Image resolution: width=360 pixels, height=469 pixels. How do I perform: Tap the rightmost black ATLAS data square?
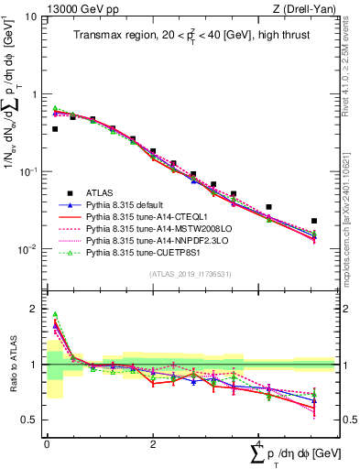[x=314, y=221]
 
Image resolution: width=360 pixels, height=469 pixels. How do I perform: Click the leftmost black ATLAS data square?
[x=55, y=129]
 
